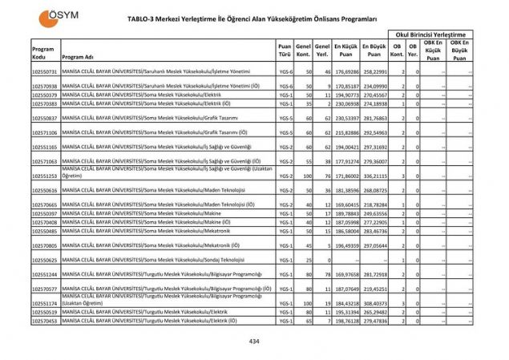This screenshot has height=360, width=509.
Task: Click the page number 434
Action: (254, 341)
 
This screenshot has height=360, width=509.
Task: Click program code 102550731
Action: (45, 72)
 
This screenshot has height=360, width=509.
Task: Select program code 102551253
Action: (45, 175)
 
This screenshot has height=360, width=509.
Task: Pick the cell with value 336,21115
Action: (374, 175)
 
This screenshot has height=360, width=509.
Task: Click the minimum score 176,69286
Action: (345, 72)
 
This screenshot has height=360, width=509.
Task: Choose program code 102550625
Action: (45, 261)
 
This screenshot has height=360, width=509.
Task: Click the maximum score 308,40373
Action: (374, 304)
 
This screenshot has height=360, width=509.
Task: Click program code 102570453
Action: (45, 320)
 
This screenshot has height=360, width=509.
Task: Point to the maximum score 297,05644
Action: (374, 245)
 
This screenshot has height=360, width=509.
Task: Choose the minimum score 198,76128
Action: (345, 320)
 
